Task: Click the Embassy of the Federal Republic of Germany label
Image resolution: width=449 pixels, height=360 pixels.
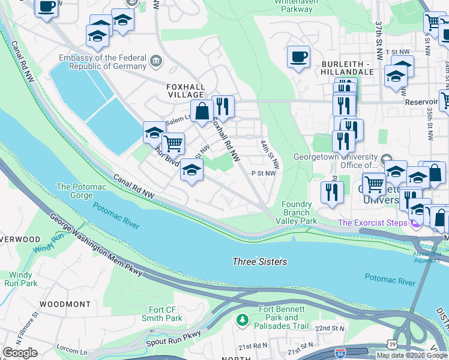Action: tap(103, 62)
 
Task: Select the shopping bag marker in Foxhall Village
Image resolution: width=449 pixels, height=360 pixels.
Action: tap(203, 110)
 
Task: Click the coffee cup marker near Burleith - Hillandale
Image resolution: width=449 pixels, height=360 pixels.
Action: tap(298, 58)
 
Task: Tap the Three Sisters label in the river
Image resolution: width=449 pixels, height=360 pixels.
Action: tap(259, 262)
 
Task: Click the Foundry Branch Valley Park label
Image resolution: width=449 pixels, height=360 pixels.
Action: tap(297, 212)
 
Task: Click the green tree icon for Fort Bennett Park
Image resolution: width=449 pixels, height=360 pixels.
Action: tap(242, 319)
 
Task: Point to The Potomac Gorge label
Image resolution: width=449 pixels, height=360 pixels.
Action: tap(81, 191)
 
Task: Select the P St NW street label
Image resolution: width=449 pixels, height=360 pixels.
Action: tap(263, 173)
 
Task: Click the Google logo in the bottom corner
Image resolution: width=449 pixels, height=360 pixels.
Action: tap(20, 353)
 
